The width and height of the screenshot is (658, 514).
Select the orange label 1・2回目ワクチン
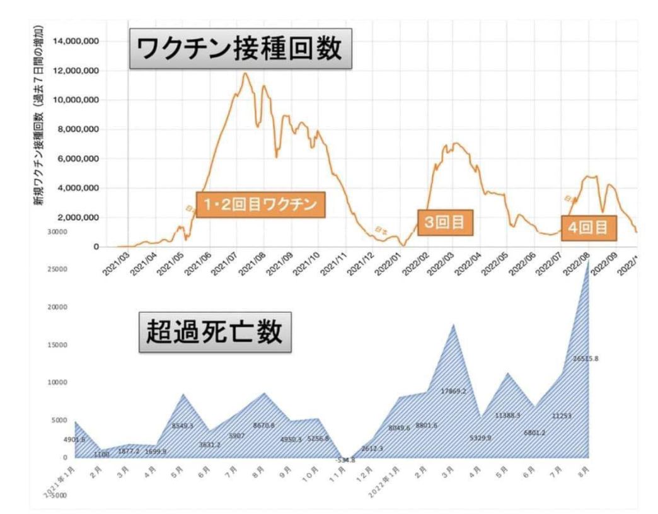(260, 205)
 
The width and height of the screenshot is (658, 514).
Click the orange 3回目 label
(445, 223)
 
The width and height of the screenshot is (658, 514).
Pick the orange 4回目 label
(589, 228)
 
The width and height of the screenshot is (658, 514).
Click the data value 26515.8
(585, 359)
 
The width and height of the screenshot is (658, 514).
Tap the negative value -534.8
(345, 460)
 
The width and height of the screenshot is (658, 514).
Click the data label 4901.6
(74, 440)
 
